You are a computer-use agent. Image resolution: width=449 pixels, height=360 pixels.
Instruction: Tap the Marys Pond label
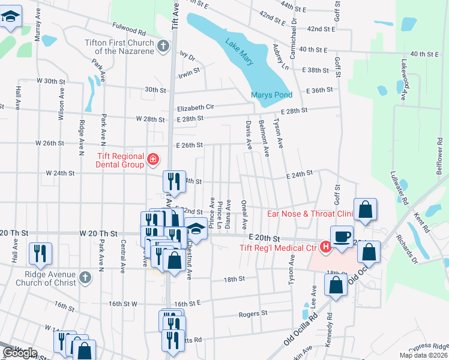coord(271,95)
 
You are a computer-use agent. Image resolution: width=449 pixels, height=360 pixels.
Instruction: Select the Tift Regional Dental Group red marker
coord(153,160)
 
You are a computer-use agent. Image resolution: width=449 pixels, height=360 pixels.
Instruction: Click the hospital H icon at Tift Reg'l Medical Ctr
coord(325,246)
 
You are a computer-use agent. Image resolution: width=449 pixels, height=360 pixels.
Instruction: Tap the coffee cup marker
coord(342,236)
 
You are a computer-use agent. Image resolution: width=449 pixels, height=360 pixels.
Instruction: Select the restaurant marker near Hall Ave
coord(40,253)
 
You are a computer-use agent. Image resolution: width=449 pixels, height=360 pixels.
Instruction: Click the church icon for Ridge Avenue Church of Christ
coord(85,278)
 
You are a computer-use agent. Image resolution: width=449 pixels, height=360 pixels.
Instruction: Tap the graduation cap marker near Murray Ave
coord(11,18)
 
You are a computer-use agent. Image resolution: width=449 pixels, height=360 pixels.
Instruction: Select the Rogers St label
coord(252,313)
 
